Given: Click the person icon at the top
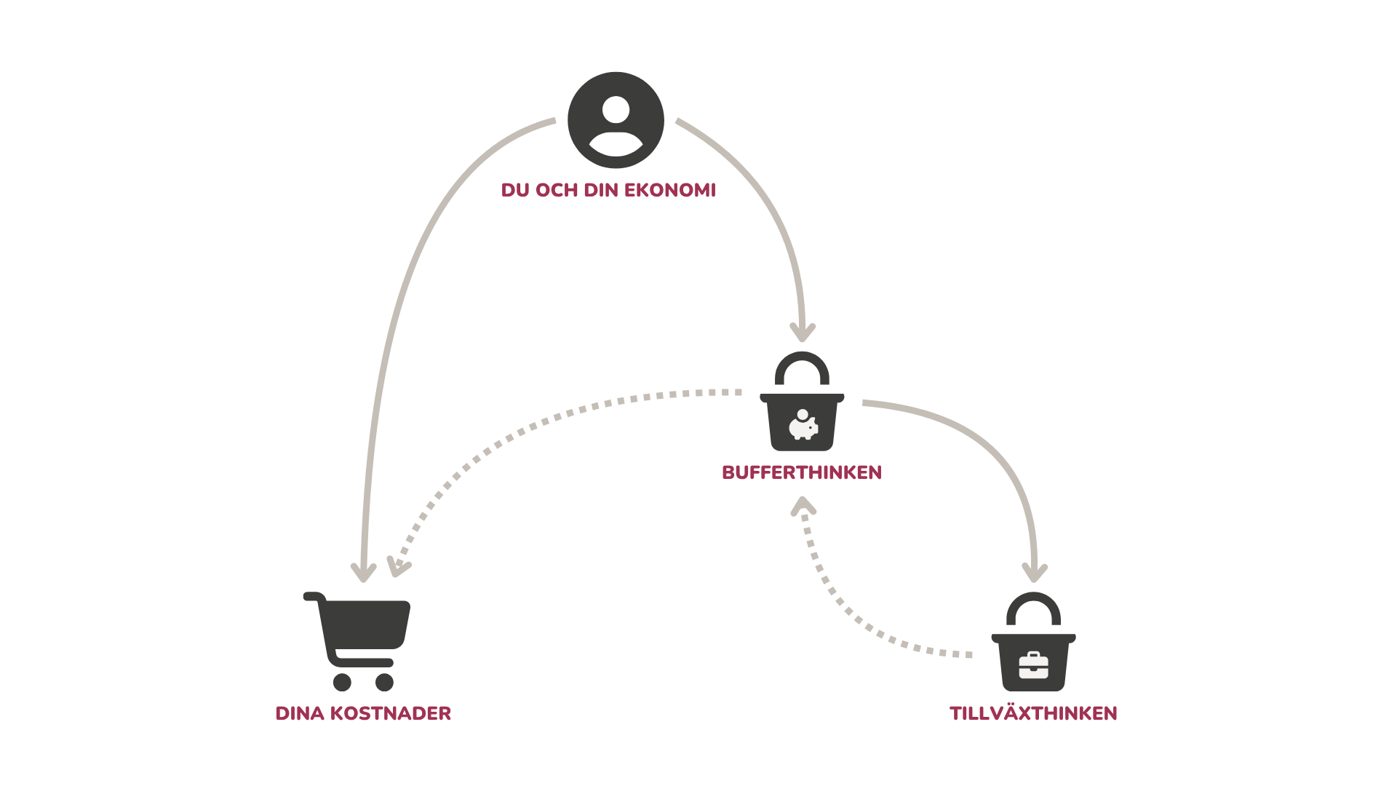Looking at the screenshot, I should (x=616, y=120).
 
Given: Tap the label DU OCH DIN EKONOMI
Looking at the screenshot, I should (x=608, y=191).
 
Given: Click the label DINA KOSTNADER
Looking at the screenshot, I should (x=363, y=713).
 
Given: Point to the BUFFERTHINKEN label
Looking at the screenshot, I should (x=802, y=472).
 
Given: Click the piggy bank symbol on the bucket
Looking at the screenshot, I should (x=803, y=426).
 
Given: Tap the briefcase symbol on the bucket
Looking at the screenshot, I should (x=1033, y=665).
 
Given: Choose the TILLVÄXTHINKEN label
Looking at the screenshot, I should (x=1033, y=713).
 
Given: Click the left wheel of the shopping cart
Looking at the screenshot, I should (x=342, y=682).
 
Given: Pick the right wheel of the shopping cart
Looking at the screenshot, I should (x=384, y=682).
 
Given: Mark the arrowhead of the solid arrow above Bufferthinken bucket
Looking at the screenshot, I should (x=803, y=333).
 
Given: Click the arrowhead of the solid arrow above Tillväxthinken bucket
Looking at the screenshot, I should (x=1035, y=573).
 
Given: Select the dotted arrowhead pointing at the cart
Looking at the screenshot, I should (x=397, y=566).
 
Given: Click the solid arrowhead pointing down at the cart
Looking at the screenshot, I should (x=363, y=572).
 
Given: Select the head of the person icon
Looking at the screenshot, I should (x=616, y=109).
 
